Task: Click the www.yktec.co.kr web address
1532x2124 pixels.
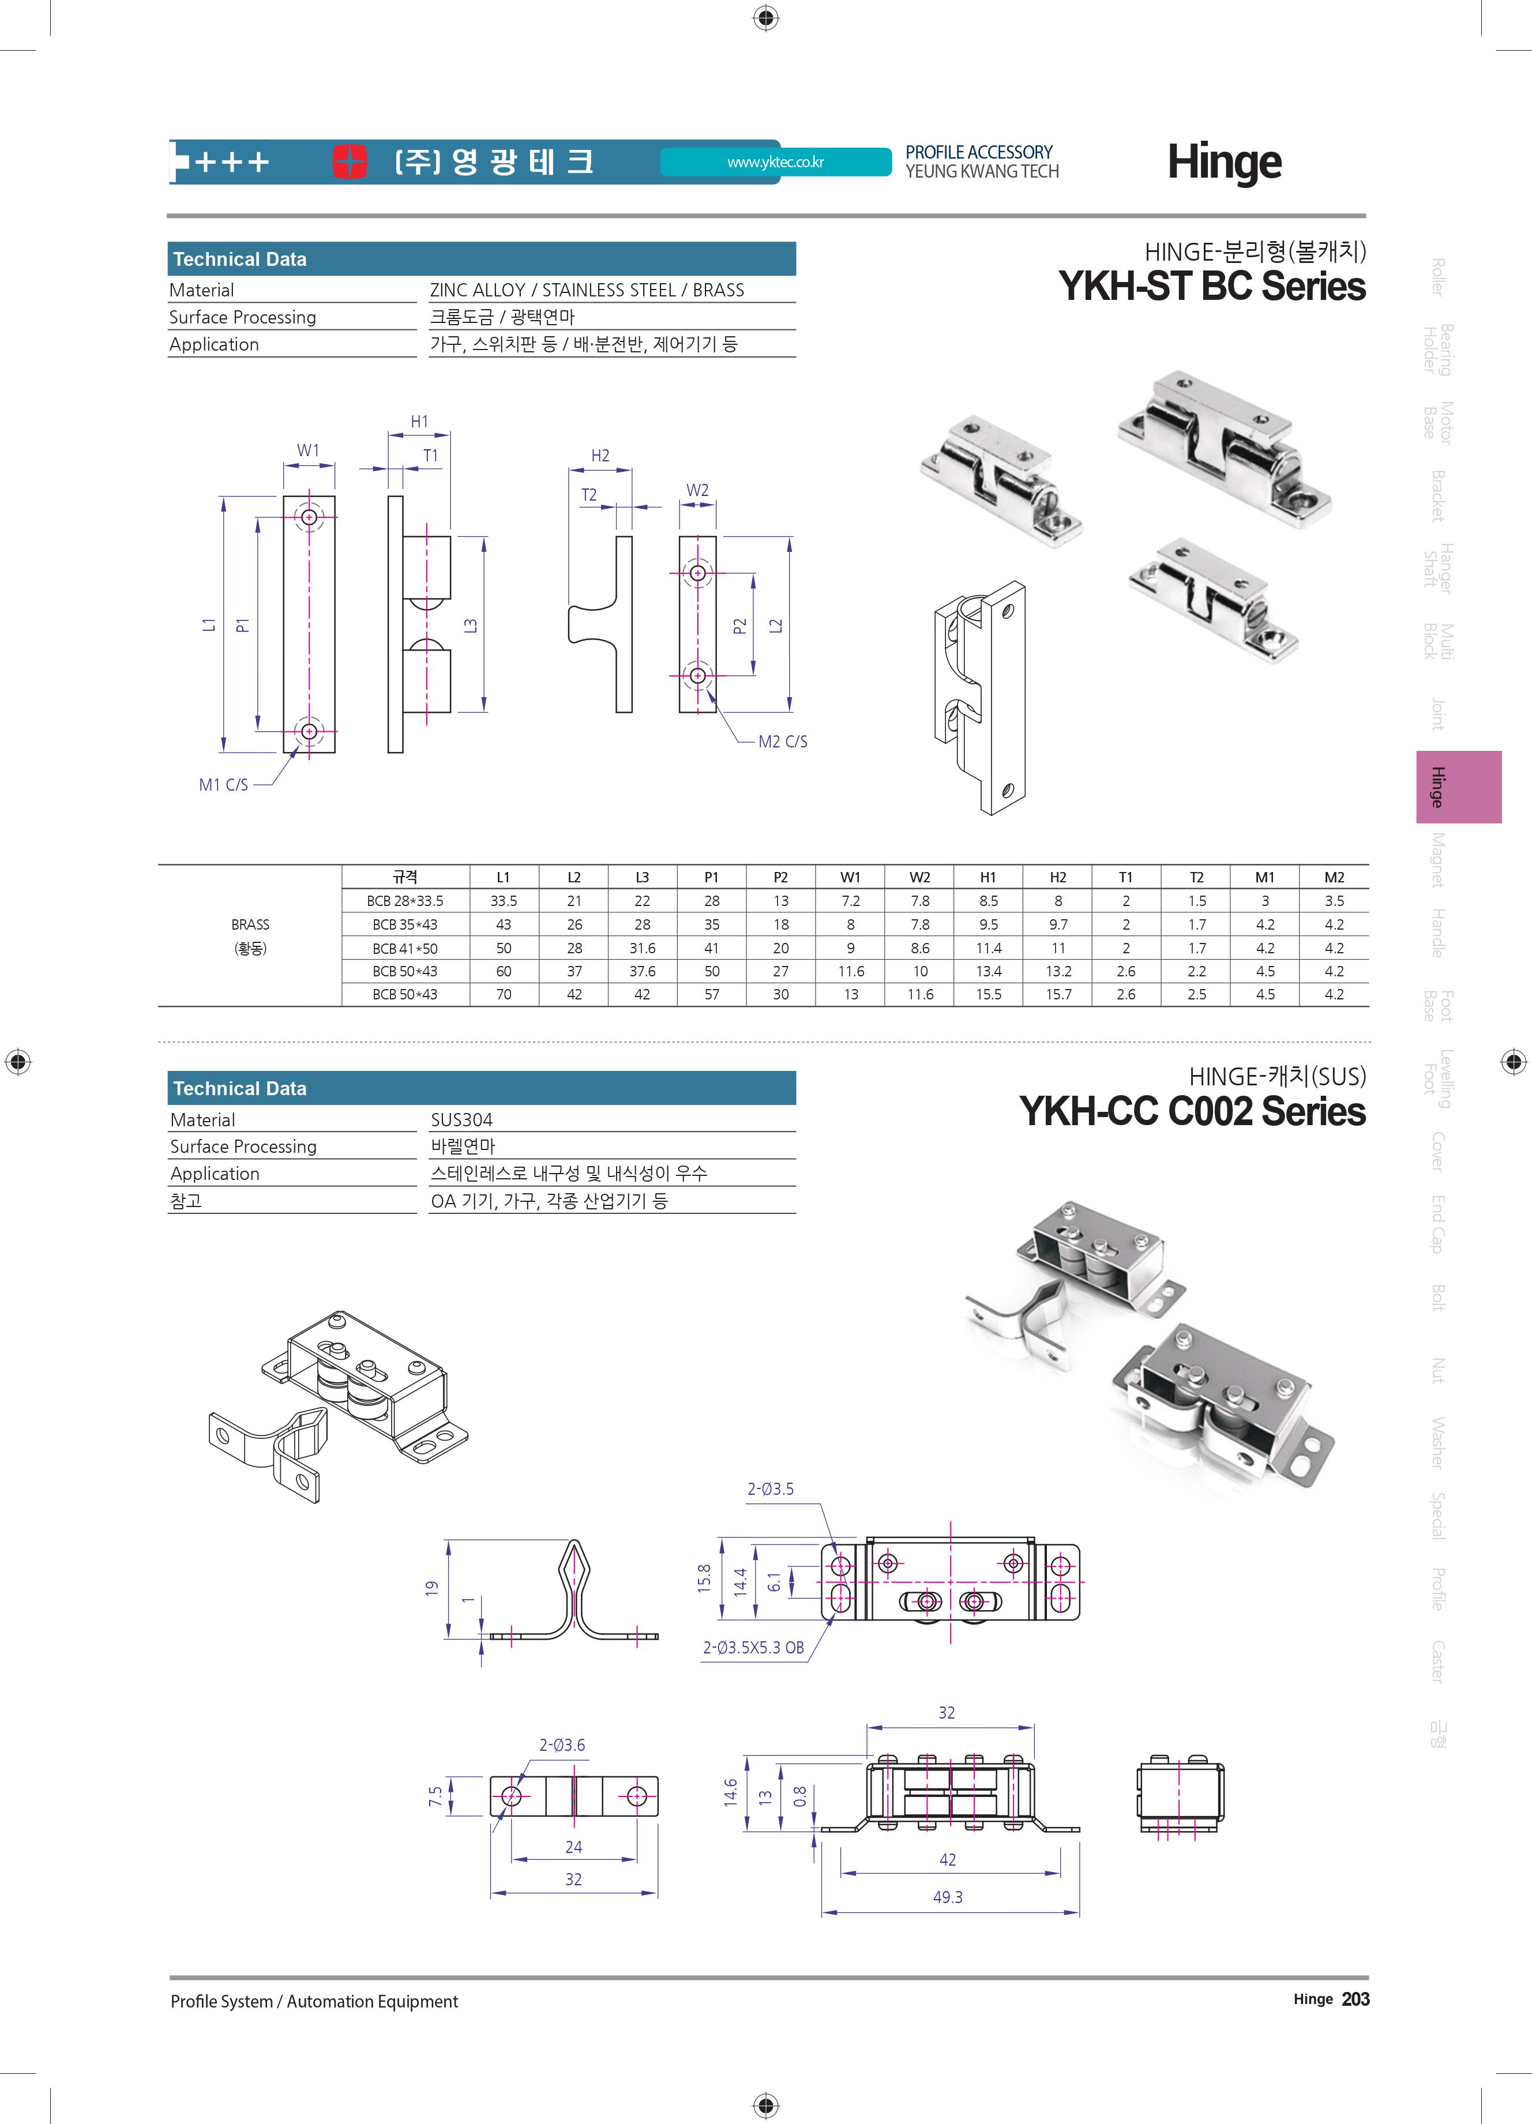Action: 775,162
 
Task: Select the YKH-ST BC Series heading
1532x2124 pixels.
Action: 1212,285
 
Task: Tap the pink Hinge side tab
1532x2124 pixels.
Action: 1458,787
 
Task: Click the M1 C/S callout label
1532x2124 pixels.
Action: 224,785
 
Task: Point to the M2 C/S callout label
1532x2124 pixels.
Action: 783,742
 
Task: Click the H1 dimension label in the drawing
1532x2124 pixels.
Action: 419,422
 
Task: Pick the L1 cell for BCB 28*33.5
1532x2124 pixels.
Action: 504,901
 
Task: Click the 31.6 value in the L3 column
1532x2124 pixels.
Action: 643,948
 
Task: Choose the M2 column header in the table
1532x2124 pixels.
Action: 1334,878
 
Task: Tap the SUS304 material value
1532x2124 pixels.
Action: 461,1119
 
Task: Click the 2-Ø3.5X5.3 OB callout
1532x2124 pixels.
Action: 754,1647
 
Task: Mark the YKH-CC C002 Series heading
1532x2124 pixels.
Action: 1192,1112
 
